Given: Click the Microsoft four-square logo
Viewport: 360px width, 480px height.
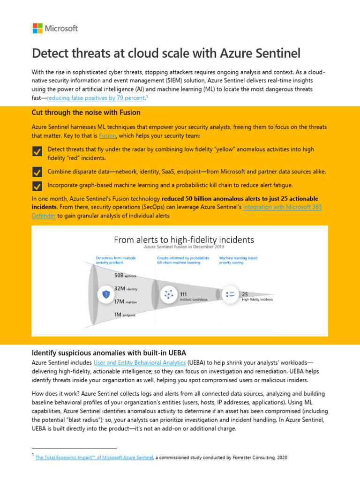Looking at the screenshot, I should tap(37, 28).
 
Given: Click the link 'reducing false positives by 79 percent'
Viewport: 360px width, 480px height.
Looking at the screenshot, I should tap(96, 98).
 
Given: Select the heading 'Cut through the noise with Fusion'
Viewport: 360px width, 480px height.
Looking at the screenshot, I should tap(86, 113).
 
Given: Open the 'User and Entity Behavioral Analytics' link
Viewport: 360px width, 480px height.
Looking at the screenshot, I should tap(140, 362).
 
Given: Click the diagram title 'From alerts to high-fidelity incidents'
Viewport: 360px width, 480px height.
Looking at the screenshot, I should tap(184, 240).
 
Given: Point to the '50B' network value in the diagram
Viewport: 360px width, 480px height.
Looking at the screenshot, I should tap(119, 276).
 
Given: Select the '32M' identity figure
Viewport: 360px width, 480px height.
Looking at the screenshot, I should tap(119, 289).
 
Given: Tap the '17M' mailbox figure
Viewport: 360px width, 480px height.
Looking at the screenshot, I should tap(119, 301).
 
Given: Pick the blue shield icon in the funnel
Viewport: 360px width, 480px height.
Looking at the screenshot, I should tap(106, 294).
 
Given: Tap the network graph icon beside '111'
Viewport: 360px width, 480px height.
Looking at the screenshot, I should tap(168, 294).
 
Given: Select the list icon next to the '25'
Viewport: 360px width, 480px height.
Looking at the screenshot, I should tap(231, 294).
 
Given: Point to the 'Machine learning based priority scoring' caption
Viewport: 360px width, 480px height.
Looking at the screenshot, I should tap(238, 260).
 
